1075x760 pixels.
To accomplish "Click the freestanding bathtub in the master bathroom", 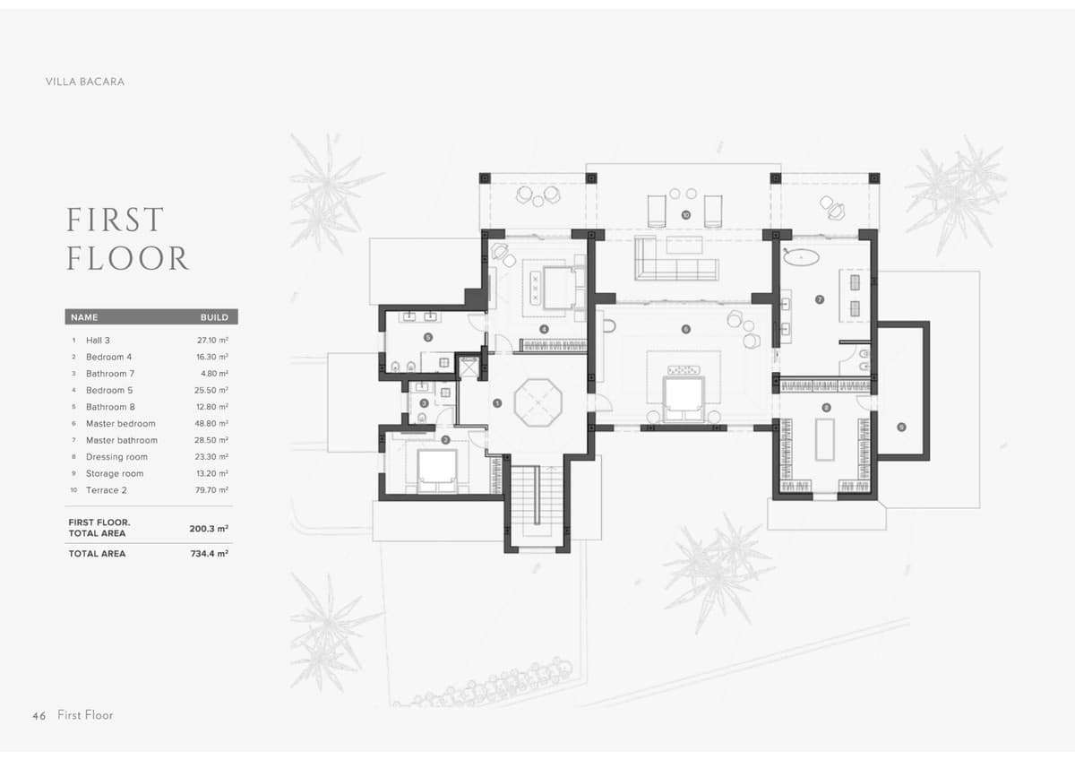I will coord(801,258).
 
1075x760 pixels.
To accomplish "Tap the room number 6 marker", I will coord(686,329).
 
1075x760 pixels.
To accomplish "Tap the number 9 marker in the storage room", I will coord(901,427).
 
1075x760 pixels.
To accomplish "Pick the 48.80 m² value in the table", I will coord(212,424).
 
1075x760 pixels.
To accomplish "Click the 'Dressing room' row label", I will coord(116,457).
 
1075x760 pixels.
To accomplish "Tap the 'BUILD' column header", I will coord(214,317).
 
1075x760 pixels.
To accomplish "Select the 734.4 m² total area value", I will coord(209,554).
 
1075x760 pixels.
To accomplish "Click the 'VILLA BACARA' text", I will coord(85,82).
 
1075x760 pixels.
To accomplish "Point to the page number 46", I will coord(39,715).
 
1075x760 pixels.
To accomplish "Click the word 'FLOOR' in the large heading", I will coord(127,259).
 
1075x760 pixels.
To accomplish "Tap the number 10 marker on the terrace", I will coord(685,215).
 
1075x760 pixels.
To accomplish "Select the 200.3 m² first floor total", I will coord(209,529).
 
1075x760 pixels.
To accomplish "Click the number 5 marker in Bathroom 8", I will coord(427,338).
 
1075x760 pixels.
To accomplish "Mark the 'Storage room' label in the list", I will coord(115,473).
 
